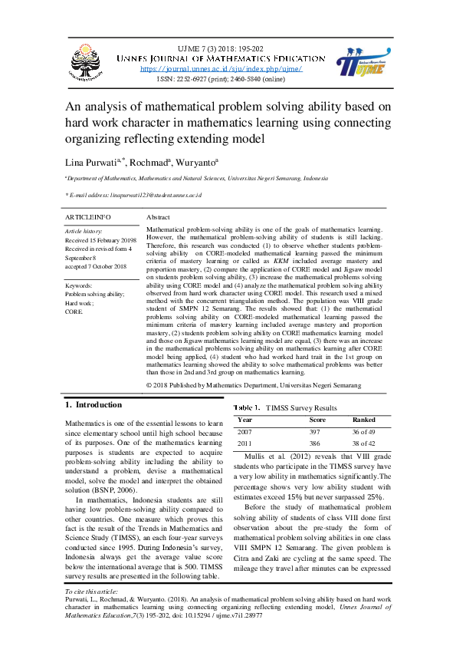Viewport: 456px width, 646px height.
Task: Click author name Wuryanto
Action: coord(197,163)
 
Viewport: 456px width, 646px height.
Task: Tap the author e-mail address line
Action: coord(133,196)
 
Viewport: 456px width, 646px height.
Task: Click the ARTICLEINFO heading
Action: coord(89,218)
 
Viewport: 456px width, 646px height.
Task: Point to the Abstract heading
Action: coord(158,218)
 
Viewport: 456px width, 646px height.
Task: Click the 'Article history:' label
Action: coord(84,231)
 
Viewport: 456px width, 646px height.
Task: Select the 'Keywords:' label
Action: coord(80,285)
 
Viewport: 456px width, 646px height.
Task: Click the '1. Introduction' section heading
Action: coord(93,404)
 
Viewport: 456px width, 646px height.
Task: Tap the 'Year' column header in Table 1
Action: coord(245,420)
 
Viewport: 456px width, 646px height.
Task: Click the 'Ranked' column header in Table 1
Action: coord(363,420)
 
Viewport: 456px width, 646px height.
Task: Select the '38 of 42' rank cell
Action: coord(365,443)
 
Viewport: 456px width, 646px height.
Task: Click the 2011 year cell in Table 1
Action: coord(245,443)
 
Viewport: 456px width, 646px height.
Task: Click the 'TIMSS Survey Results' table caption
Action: coord(303,408)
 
